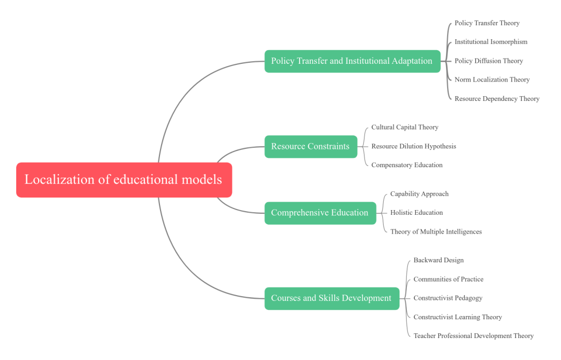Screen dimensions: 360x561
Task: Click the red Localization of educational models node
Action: pos(124,180)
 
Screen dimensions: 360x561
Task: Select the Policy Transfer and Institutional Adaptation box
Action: pos(352,61)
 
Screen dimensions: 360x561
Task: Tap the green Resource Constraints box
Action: pos(311,146)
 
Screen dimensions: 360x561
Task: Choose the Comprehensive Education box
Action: pos(320,213)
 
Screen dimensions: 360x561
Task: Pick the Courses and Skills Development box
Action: pos(331,298)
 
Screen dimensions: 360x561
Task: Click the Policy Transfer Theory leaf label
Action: pos(487,23)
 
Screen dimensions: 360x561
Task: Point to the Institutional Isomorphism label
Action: pos(491,42)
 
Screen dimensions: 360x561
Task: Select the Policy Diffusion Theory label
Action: pos(488,61)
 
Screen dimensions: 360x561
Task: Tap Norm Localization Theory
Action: pos(492,79)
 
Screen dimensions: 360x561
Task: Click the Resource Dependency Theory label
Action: pos(497,98)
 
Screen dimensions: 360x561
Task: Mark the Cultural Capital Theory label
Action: pos(405,127)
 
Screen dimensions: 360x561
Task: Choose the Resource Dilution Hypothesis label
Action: pos(414,146)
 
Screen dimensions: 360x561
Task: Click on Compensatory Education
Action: pos(407,165)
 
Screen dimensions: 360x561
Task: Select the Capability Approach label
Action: pos(419,194)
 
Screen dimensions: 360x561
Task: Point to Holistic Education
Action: pos(416,213)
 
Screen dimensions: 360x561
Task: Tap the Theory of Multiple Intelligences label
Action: pos(436,231)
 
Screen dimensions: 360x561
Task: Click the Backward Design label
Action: pos(438,260)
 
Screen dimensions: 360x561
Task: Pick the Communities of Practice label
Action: pos(448,279)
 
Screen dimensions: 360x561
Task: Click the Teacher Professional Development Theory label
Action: pos(473,336)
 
